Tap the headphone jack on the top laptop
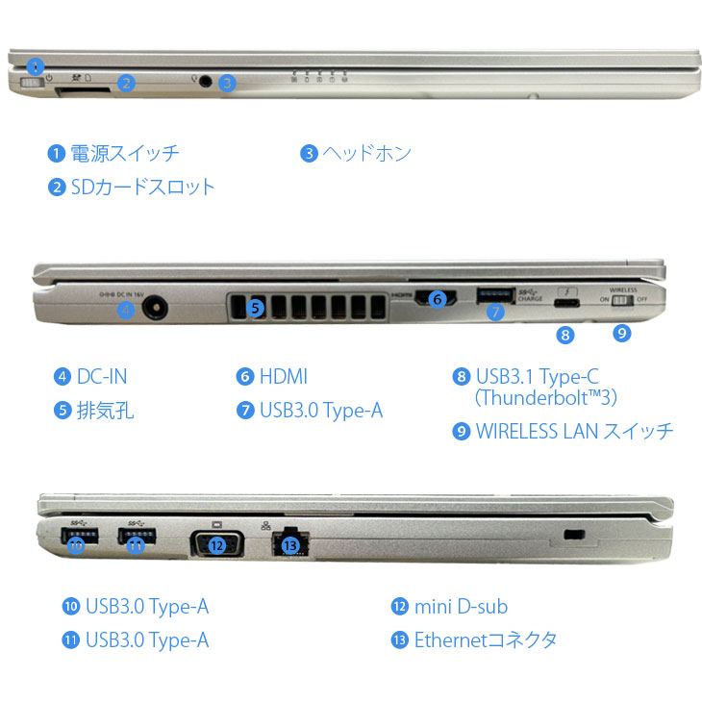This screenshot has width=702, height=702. [x=205, y=82]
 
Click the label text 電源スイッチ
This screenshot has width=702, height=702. [x=125, y=153]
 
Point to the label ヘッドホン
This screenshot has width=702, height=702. [x=366, y=153]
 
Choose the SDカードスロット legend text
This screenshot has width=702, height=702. [x=143, y=186]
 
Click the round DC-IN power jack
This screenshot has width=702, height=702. [x=153, y=309]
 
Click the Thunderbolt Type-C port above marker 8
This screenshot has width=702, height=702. [x=566, y=304]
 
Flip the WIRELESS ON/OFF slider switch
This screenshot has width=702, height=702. [x=627, y=301]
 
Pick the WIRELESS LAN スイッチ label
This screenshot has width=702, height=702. [x=575, y=431]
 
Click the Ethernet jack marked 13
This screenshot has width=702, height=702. [x=291, y=543]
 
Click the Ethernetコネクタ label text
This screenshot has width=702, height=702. [x=486, y=639]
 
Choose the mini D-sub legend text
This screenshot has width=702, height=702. [x=461, y=606]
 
